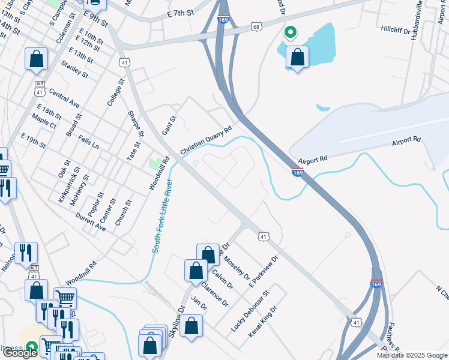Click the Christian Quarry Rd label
click(205, 140)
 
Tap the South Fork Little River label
click(162, 216)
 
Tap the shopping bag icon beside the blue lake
click(298, 58)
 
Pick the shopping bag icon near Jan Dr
click(191, 326)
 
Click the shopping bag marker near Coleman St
click(36, 59)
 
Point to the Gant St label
click(169, 125)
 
